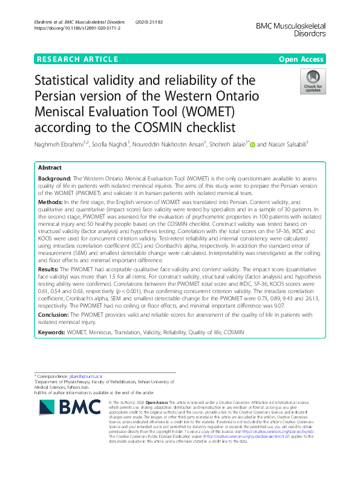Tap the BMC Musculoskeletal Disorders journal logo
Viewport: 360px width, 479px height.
[x=291, y=30]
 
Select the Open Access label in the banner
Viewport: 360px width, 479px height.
[x=301, y=59]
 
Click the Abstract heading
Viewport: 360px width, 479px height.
[x=50, y=167]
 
